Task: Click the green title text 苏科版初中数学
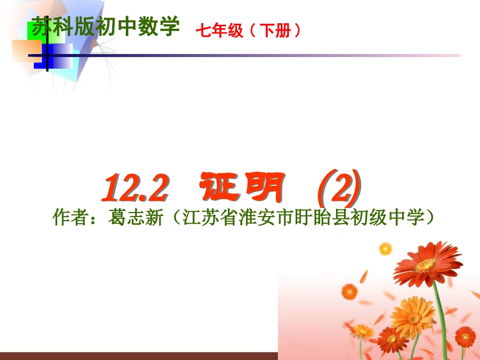coord(105,27)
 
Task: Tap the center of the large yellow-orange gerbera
coord(413,317)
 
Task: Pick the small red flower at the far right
coord(464,335)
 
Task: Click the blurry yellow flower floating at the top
coord(386,248)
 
